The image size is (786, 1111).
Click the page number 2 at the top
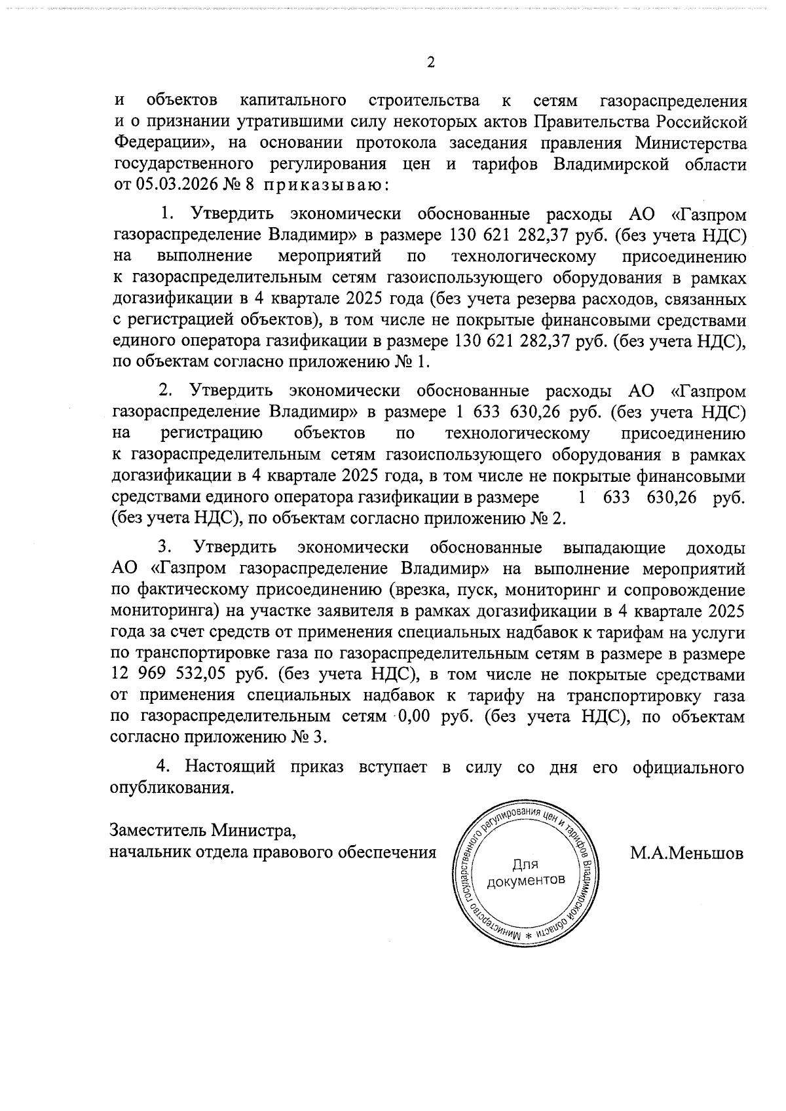point(430,63)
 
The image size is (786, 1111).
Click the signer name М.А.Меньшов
point(687,853)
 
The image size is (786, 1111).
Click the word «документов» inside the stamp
point(525,880)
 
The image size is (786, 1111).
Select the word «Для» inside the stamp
point(525,864)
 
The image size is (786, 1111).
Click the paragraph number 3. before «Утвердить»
point(166,547)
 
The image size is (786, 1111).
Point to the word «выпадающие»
point(614,547)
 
